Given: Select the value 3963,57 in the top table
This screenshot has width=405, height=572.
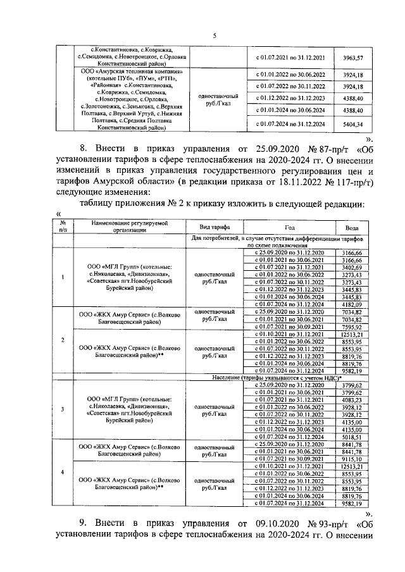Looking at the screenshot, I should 352,58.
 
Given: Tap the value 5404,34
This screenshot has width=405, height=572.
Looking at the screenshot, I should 352,124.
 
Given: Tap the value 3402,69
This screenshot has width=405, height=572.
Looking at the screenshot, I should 351,268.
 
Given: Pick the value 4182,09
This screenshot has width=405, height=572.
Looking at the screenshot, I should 351,304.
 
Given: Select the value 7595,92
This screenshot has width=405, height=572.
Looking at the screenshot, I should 351,326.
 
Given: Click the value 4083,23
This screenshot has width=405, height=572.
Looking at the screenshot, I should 351,401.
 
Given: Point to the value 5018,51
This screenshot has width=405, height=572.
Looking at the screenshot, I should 351,437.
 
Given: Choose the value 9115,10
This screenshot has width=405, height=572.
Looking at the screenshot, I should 351,459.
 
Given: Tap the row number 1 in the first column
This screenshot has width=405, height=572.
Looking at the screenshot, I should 62,277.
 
